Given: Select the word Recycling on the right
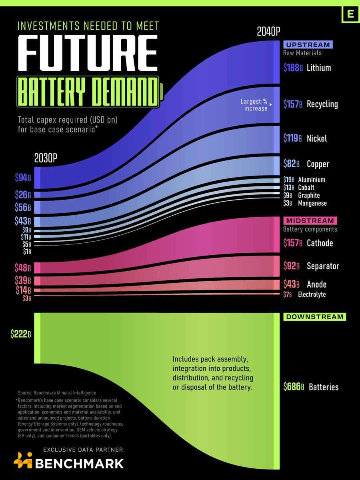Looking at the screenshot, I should click(x=322, y=104).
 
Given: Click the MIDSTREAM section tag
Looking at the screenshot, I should click(x=310, y=221).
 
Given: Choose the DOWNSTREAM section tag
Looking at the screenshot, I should click(x=314, y=317).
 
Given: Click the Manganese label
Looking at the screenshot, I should click(x=312, y=203).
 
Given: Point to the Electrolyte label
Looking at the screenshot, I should click(x=312, y=294).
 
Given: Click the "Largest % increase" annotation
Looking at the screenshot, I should click(x=254, y=105).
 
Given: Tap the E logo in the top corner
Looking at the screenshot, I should click(x=350, y=14).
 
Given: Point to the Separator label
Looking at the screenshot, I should click(x=323, y=266).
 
